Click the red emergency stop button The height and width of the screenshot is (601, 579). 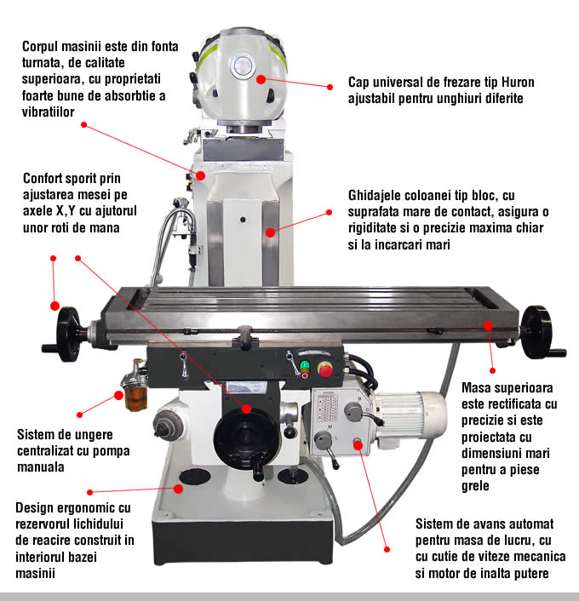tap(324, 369)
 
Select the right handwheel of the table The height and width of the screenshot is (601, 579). tap(537, 325)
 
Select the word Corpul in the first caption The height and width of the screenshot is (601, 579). tap(42, 46)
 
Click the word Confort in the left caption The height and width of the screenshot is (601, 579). tap(46, 179)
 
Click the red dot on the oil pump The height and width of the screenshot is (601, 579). tap(118, 394)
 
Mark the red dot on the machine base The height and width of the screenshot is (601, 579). tap(179, 488)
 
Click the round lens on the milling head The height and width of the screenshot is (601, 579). tap(244, 64)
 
